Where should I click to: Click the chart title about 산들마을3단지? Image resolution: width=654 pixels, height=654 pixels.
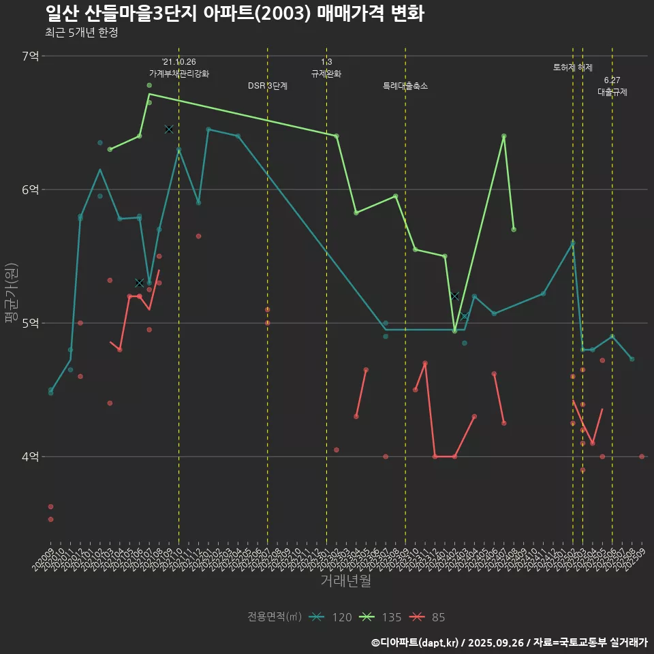tap(234, 14)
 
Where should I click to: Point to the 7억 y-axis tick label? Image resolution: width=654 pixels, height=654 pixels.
tap(31, 56)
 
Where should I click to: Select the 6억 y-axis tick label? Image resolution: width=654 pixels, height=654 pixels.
tap(31, 189)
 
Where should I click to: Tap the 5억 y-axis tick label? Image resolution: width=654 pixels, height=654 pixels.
tap(31, 323)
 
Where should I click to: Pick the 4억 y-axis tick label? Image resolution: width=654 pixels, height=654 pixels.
tap(31, 456)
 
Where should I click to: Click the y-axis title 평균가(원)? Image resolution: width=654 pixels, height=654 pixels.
tap(12, 293)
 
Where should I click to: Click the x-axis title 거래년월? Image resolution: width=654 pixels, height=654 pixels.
tap(346, 580)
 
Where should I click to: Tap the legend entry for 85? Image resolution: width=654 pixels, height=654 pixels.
tap(427, 617)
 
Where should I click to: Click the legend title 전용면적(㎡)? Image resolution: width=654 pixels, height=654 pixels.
tap(275, 617)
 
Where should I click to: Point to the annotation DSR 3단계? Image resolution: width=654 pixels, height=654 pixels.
tap(268, 86)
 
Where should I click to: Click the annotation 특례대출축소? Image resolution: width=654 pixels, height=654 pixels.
tap(405, 86)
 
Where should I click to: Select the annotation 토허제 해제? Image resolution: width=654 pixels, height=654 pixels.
tap(573, 67)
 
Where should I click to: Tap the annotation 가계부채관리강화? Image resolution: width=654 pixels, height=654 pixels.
tap(179, 73)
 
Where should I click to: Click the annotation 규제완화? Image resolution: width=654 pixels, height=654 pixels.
tap(326, 73)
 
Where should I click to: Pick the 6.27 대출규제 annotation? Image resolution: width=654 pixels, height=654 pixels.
tap(612, 86)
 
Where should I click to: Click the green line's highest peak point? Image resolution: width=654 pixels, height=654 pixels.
tap(149, 94)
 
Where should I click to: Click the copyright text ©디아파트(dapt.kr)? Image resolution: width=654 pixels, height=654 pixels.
tap(416, 642)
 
